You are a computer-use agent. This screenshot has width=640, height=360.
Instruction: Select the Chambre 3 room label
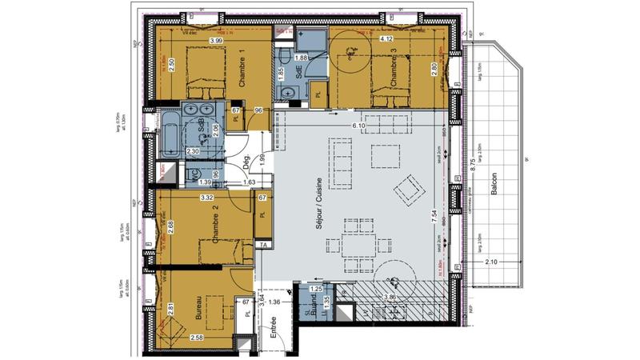[394, 68]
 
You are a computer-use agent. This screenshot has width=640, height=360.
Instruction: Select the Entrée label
[274, 330]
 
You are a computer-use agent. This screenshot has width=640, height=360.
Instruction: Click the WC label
[192, 174]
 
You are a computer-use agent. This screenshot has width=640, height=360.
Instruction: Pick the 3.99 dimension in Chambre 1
[215, 41]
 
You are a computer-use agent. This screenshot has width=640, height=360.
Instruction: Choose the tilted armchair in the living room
[408, 189]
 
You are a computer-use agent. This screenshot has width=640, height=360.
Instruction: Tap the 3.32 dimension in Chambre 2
[206, 197]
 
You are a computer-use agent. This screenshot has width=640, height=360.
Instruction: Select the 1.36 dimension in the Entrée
[274, 302]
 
